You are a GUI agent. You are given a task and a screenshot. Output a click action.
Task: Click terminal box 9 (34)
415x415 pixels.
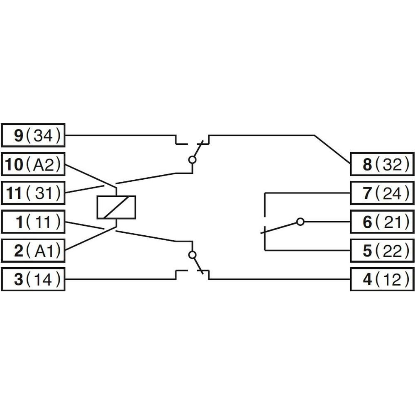33,135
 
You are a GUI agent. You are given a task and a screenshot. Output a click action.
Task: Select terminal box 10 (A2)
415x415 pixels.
33,164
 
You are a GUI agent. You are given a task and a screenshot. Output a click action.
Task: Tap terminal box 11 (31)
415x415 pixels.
33,193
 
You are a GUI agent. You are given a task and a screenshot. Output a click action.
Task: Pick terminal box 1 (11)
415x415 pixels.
33,222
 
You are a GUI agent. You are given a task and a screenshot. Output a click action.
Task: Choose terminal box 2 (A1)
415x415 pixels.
33,251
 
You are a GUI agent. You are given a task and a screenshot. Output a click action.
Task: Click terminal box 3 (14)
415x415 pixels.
33,279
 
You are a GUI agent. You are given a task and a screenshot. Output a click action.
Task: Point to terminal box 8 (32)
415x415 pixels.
382,164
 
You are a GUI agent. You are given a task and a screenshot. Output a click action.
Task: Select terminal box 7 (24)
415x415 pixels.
382,193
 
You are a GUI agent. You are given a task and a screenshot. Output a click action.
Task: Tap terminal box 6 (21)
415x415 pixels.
382,222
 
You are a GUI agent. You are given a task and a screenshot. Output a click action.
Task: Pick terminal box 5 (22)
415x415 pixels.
382,251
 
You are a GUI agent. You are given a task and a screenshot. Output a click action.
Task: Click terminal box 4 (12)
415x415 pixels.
382,279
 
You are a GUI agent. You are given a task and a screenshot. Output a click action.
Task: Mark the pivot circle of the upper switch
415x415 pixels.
193,160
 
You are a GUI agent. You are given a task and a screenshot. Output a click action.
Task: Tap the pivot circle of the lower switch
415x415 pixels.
193,255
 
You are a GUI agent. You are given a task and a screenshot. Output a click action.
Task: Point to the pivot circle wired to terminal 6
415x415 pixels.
300,222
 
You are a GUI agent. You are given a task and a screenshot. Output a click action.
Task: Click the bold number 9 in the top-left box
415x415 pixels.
19,136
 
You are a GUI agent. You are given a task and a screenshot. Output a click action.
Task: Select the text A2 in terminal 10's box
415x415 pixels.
44,164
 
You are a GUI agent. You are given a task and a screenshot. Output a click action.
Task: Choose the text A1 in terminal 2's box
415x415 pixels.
44,251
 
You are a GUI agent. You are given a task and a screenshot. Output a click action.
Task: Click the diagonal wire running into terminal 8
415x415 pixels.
332,149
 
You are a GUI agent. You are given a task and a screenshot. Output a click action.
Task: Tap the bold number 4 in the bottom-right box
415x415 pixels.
367,280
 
